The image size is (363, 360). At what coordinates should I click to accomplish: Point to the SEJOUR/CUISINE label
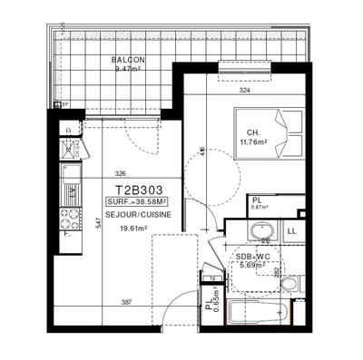pos(137,216)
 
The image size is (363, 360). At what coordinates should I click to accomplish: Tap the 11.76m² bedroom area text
pos(256,141)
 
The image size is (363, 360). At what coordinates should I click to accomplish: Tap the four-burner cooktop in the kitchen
pos(68,219)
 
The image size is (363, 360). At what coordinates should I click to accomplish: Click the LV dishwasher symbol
pos(68,148)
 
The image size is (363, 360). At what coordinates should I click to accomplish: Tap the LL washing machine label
pos(292,232)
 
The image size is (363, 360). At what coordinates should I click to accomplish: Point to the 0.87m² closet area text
pos(259,209)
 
